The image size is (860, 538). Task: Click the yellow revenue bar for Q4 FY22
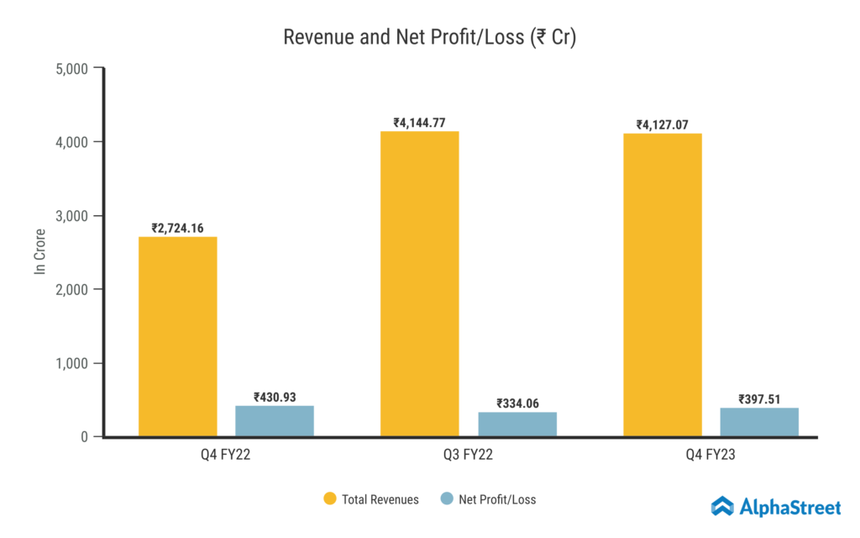pos(177,336)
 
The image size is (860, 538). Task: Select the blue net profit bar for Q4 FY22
pos(275,421)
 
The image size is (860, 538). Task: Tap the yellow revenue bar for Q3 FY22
pos(420,283)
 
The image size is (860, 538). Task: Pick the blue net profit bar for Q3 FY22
pos(517,425)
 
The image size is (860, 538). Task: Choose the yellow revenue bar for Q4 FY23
pos(663,285)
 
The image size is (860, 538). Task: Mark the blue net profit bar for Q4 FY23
pos(759,422)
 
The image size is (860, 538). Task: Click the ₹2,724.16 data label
pos(177,228)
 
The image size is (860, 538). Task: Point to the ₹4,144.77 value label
pos(420,123)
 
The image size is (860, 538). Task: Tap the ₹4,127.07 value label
pos(663,125)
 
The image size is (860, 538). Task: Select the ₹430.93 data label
pos(275,397)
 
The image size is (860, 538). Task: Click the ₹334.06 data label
pos(517,403)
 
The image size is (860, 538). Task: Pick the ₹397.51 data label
pos(759,399)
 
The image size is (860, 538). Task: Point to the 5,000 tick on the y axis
pos(71,68)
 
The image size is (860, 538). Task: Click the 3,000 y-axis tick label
pos(71,216)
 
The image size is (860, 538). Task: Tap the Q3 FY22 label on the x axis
pos(469,457)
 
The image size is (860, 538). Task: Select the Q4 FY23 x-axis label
pos(711,457)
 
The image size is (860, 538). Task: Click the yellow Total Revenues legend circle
pos(330,499)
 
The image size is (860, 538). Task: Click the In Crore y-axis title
pos(39,251)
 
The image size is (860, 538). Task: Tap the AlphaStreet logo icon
pos(722,505)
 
